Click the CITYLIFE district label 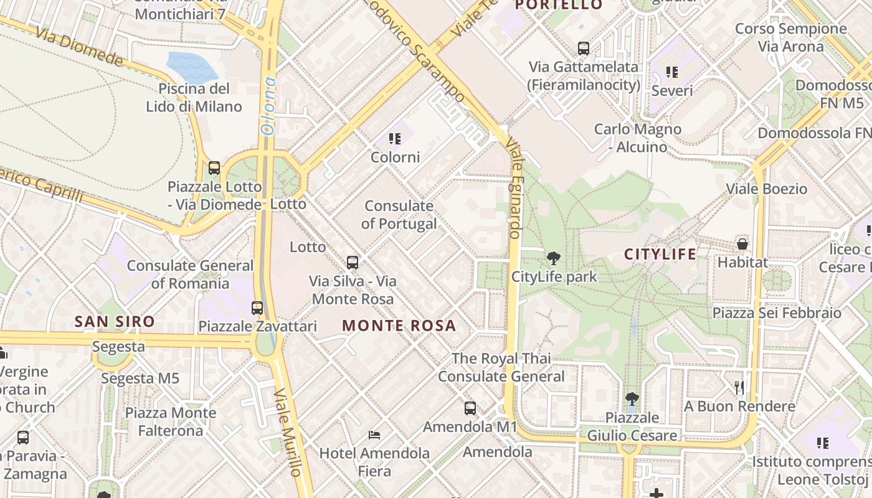pos(660,254)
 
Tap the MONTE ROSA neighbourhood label pos(399,326)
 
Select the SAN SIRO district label pos(115,322)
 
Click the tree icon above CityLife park pos(552,258)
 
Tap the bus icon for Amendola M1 pos(470,408)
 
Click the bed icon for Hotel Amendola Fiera pos(374,435)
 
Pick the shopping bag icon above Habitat pos(742,243)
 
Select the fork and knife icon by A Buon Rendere pos(739,388)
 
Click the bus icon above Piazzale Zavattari pos(257,308)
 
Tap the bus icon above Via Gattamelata pos(584,48)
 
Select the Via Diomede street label pos(79,46)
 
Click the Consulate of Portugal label pos(399,215)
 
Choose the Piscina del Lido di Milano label pos(194,97)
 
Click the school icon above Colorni pos(394,138)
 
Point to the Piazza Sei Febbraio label pos(777,312)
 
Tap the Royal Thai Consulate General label pos(501,367)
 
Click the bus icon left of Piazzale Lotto pos(214,167)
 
